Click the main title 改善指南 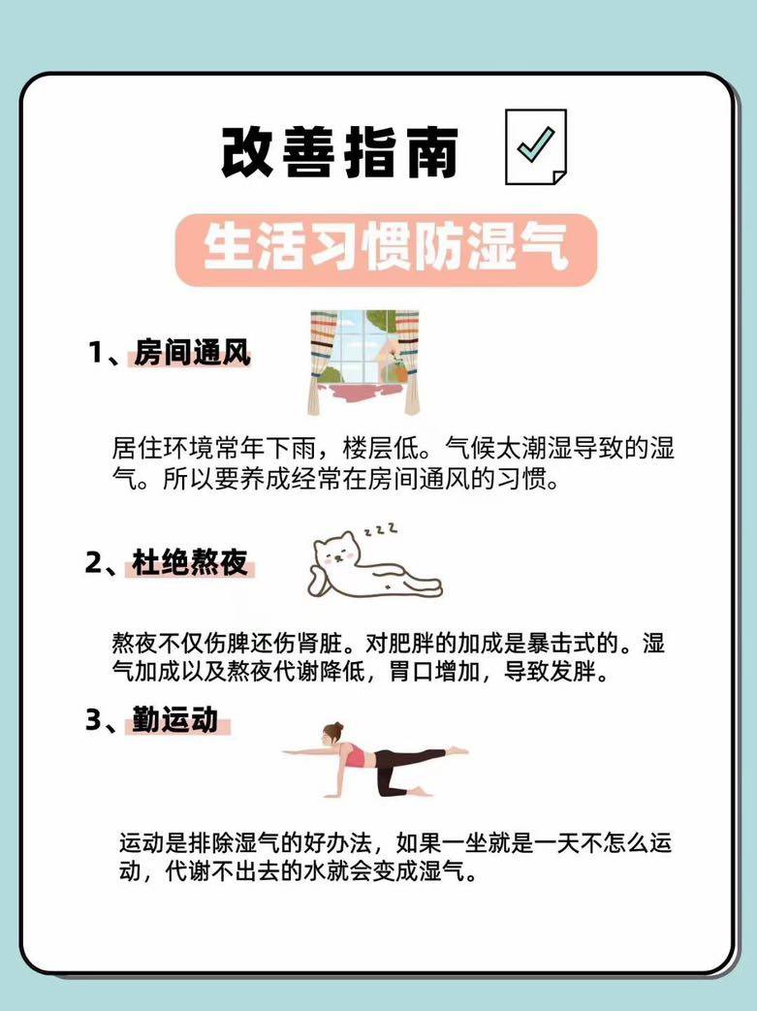coord(339,152)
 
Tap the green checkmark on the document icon coord(535,143)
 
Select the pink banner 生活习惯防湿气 coord(386,249)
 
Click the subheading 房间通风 coord(192,353)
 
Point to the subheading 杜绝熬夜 coord(190,562)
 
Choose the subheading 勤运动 coord(175,719)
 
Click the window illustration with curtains coord(364,362)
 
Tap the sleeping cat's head coord(335,552)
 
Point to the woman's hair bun coord(337,728)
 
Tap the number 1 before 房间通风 coord(95,354)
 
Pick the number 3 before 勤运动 coord(93,720)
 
